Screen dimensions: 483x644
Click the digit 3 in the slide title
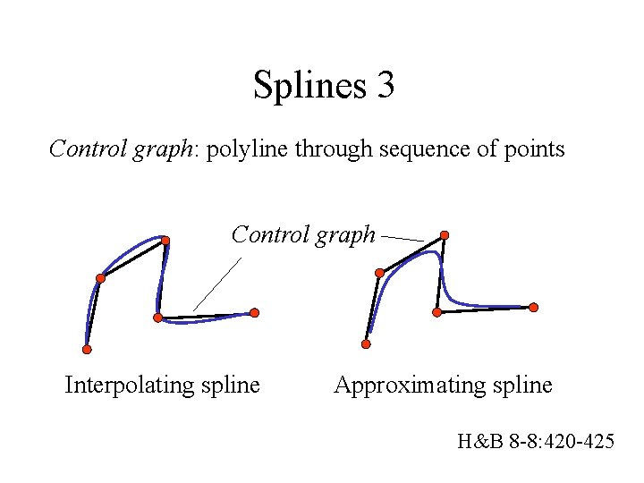385,86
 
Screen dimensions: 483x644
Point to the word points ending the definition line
535,148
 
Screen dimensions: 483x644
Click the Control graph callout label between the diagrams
303,234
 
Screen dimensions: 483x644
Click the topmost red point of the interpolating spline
165,240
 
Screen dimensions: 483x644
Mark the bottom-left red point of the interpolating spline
87,349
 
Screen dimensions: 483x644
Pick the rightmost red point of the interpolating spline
255,312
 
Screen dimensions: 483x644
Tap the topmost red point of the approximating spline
445,235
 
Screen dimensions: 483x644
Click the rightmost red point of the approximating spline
534,307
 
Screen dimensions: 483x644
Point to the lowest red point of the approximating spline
366,343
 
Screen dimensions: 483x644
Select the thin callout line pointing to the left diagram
216,284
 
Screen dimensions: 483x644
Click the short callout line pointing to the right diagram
402,239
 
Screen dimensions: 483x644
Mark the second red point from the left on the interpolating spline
100,278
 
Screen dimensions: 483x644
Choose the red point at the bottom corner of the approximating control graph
436,312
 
